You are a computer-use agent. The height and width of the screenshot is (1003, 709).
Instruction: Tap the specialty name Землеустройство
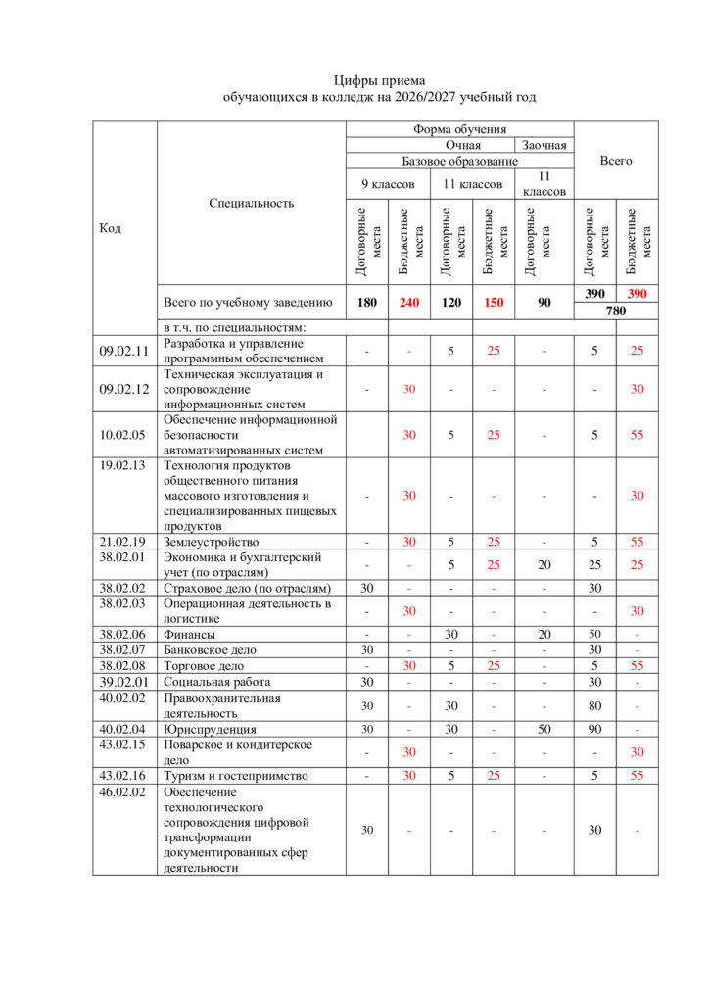[211, 542]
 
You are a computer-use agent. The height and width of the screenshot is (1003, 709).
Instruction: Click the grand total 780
[615, 311]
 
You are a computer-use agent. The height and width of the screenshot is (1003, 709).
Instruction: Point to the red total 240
[409, 303]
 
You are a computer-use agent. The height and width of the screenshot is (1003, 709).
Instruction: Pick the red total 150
[494, 303]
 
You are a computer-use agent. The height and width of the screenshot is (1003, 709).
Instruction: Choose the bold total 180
[366, 303]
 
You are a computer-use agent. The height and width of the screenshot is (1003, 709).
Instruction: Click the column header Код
[111, 228]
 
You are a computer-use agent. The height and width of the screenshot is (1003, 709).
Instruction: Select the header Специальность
[252, 203]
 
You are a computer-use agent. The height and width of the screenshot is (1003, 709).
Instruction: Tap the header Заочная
[544, 145]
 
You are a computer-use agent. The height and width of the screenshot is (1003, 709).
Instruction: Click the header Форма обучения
[459, 129]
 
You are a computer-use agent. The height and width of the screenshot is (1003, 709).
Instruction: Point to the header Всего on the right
[616, 160]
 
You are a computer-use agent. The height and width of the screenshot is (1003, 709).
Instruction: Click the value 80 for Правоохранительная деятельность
[594, 705]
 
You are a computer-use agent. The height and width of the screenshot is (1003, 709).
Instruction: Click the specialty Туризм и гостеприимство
[236, 775]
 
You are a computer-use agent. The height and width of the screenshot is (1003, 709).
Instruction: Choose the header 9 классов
[388, 184]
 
